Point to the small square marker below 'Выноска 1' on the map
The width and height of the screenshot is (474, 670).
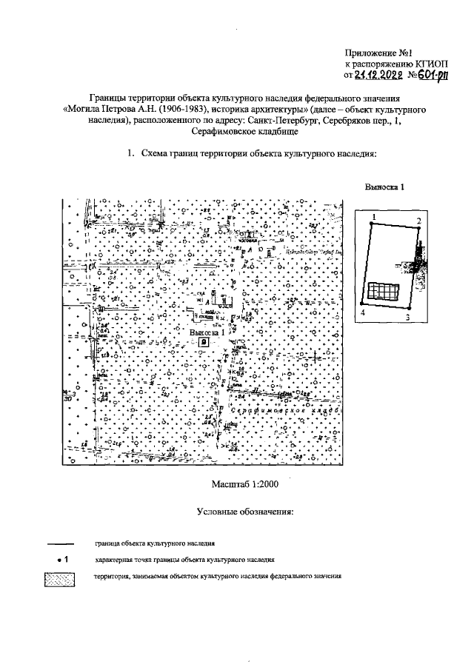pyautogui.click(x=213, y=342)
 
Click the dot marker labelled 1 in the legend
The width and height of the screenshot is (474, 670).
pyautogui.click(x=59, y=560)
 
